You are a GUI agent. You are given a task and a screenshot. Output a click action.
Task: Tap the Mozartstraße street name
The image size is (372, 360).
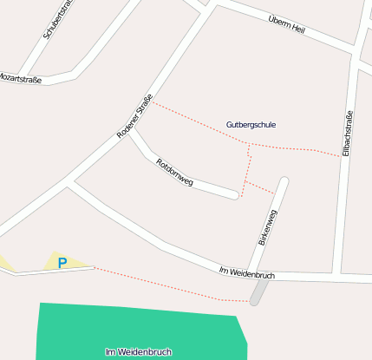21,78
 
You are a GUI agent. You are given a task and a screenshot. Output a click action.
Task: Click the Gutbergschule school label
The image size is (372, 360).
251,125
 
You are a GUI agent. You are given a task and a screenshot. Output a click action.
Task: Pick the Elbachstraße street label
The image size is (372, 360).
347,134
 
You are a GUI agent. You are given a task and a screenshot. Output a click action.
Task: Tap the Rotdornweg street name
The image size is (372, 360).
174,173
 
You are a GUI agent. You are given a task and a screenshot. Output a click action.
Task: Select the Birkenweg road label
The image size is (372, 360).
267,227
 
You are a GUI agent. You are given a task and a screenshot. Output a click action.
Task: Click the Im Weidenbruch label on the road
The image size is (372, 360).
247,273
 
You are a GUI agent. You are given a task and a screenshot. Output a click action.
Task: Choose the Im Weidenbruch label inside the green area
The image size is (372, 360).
138,351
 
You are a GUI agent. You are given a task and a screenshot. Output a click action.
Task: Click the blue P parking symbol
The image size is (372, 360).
62,262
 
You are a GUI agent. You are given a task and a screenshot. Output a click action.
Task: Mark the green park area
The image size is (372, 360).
130,330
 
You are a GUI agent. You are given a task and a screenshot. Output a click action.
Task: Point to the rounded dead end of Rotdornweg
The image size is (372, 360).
234,195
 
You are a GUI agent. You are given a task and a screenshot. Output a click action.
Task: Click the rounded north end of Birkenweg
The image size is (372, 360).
284,182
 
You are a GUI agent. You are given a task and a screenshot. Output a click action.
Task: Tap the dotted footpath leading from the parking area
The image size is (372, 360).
165,285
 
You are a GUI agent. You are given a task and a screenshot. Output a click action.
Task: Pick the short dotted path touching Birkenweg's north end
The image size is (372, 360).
260,187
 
